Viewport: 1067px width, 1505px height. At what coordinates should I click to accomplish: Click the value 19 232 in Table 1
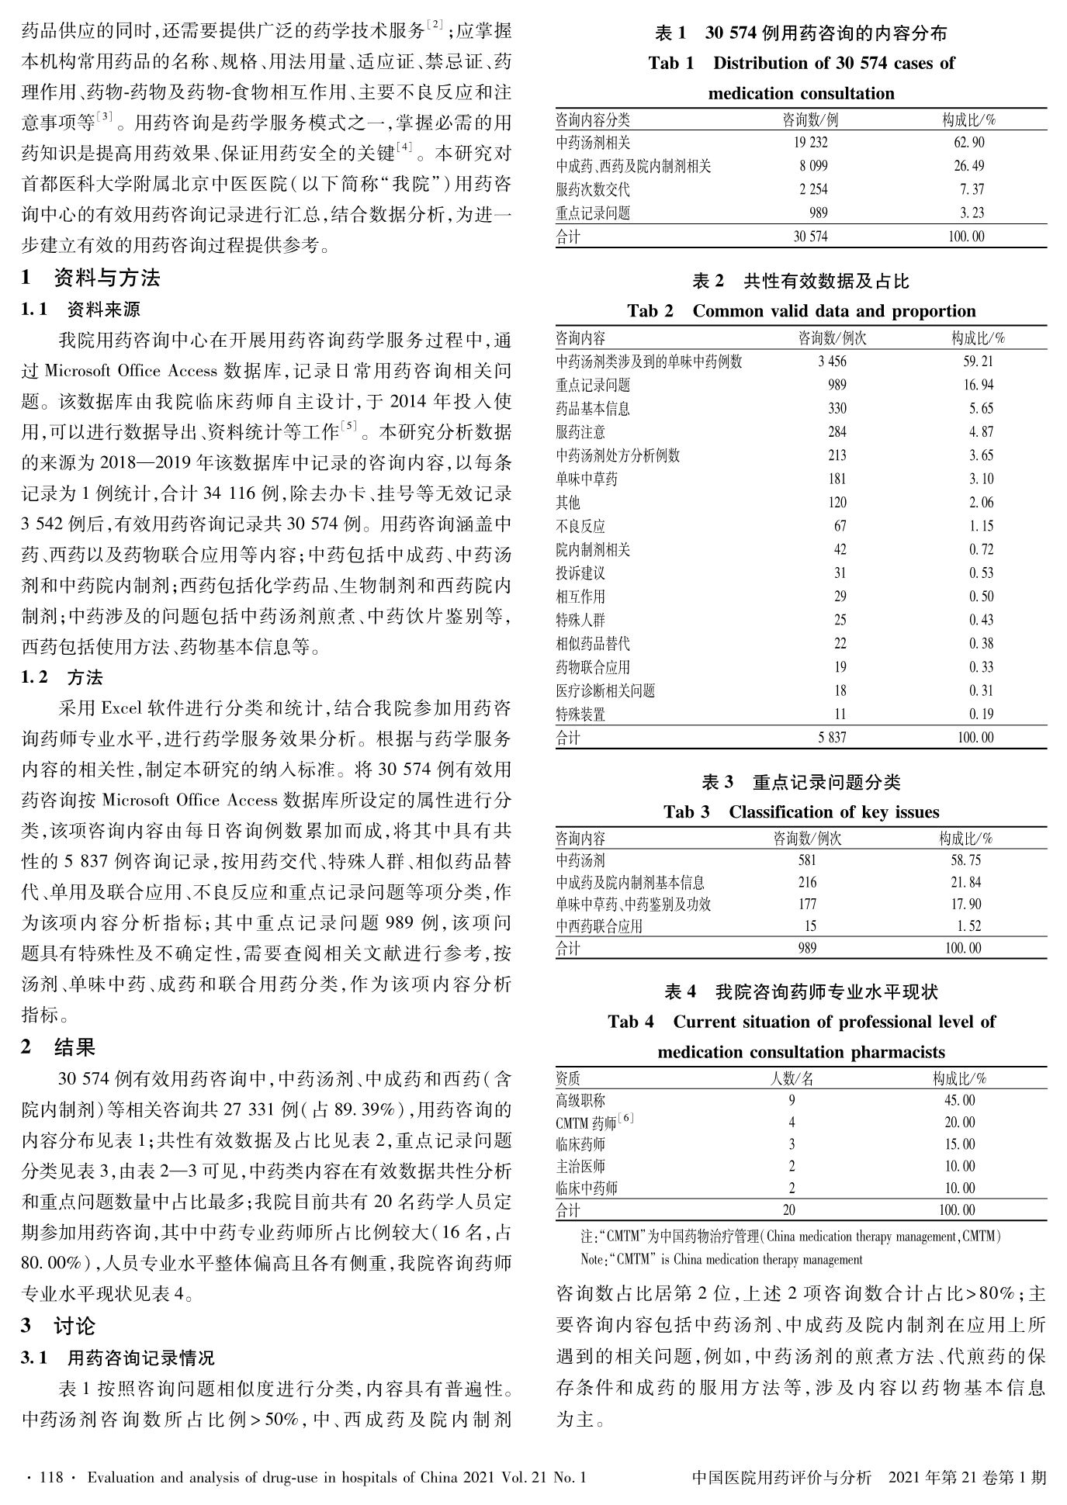coord(810,143)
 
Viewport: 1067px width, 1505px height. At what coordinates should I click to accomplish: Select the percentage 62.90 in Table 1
coord(968,143)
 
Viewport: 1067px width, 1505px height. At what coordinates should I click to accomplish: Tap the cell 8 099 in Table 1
coord(812,166)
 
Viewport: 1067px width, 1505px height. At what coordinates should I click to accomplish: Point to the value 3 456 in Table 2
coord(832,362)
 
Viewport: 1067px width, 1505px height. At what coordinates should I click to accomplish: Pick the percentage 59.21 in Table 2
coord(977,362)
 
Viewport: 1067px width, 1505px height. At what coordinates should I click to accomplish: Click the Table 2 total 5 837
coord(832,738)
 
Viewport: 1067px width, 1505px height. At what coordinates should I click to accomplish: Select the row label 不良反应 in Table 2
coord(580,527)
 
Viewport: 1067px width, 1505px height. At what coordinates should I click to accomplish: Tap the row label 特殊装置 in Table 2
coord(580,714)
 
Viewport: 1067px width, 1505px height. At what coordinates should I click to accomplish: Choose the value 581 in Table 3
coord(807,860)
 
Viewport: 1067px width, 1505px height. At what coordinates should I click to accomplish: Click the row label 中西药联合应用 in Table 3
coord(599,926)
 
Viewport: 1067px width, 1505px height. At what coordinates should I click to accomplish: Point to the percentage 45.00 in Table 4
coord(959,1101)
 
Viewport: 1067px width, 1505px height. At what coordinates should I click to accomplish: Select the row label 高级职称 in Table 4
coord(580,1101)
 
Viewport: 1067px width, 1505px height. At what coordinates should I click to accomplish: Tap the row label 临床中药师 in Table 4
coord(587,1188)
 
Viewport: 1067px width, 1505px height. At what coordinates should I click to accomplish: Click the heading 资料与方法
coord(107,278)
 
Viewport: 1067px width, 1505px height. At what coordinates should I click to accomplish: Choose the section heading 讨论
coord(74,1326)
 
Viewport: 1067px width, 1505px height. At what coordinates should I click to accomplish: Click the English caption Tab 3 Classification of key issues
coord(801,812)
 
